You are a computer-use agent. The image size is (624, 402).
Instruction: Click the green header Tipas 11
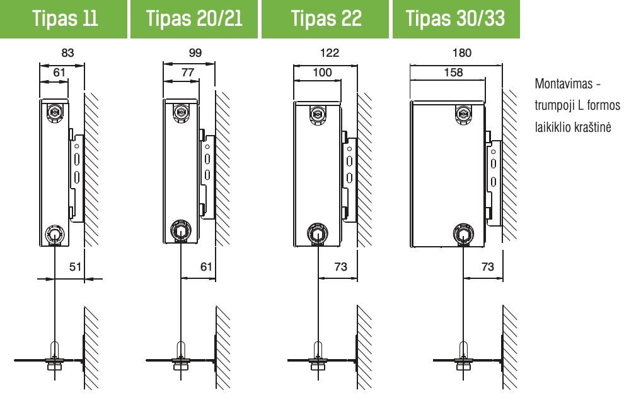[x=64, y=19]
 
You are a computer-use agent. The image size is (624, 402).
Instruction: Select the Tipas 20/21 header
[x=194, y=19]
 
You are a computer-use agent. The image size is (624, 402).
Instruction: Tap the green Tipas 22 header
[x=325, y=19]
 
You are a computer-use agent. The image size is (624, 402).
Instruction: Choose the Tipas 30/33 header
[x=456, y=19]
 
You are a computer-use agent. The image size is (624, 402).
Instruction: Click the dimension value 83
[x=67, y=52]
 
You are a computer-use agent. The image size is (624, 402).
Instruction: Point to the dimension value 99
[x=195, y=52]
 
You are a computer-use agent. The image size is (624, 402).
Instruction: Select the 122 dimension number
[x=330, y=52]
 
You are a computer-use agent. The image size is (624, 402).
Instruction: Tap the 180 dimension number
[x=461, y=52]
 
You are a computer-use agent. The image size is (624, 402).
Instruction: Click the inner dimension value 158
[x=453, y=73]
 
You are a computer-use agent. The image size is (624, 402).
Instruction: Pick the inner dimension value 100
[x=322, y=73]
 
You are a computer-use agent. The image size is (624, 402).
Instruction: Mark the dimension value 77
[x=187, y=73]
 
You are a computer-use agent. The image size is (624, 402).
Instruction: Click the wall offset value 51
[x=75, y=266]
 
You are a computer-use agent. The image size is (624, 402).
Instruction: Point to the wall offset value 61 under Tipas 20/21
[x=206, y=266]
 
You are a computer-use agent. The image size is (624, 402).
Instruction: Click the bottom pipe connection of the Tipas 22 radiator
[x=318, y=233]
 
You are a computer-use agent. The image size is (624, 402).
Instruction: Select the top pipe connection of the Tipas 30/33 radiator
[x=463, y=114]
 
